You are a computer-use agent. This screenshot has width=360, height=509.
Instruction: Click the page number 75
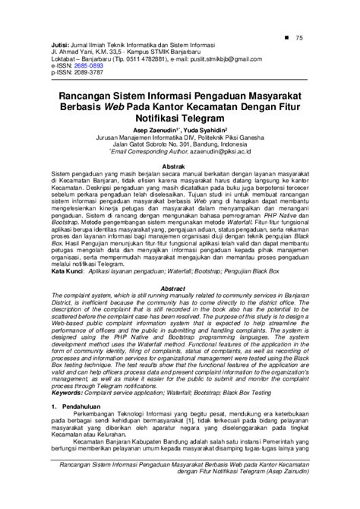pyautogui.click(x=299, y=38)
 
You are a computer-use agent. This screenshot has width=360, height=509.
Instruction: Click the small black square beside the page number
pyautogui.click(x=286, y=37)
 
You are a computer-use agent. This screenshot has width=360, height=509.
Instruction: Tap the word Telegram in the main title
pyautogui.click(x=215, y=121)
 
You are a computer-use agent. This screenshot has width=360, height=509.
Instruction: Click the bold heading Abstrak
pyautogui.click(x=179, y=165)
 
